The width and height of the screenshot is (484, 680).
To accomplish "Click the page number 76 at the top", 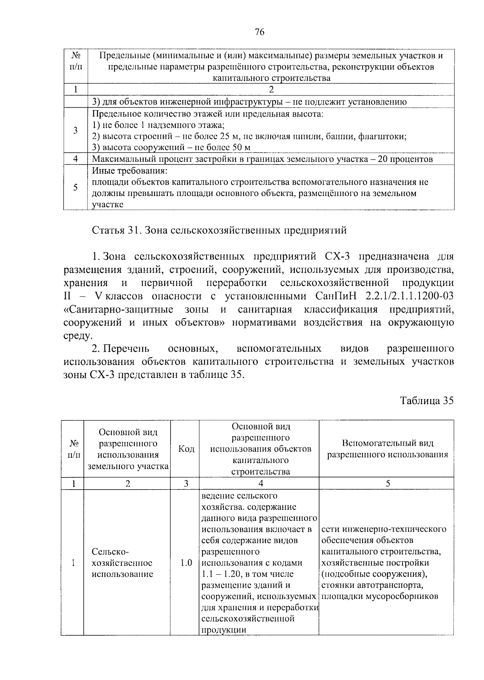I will pyautogui.click(x=259, y=33).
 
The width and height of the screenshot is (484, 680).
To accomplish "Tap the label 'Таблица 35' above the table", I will pyautogui.click(x=427, y=400).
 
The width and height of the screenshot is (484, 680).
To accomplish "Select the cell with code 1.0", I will pyautogui.click(x=186, y=563).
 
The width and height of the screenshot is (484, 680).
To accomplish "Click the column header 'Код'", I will pyautogui.click(x=186, y=449).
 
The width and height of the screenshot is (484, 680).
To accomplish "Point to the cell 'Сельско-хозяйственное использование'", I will pyautogui.click(x=122, y=563).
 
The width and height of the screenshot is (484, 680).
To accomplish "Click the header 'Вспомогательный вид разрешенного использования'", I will pyautogui.click(x=387, y=449).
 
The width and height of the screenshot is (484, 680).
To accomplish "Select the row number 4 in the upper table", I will pyautogui.click(x=75, y=159).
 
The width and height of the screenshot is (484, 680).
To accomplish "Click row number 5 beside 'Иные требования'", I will pyautogui.click(x=75, y=188).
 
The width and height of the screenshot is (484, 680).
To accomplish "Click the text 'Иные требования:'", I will pyautogui.click(x=129, y=171).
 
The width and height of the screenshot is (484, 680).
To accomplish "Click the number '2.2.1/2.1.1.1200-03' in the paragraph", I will pyautogui.click(x=409, y=296).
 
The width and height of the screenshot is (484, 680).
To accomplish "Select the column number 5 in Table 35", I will pyautogui.click(x=388, y=484).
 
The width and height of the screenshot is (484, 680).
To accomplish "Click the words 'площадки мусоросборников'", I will pyautogui.click(x=380, y=597).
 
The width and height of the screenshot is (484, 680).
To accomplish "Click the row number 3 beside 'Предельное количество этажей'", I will pyautogui.click(x=75, y=130).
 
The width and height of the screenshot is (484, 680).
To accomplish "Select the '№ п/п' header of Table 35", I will pyautogui.click(x=73, y=449).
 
